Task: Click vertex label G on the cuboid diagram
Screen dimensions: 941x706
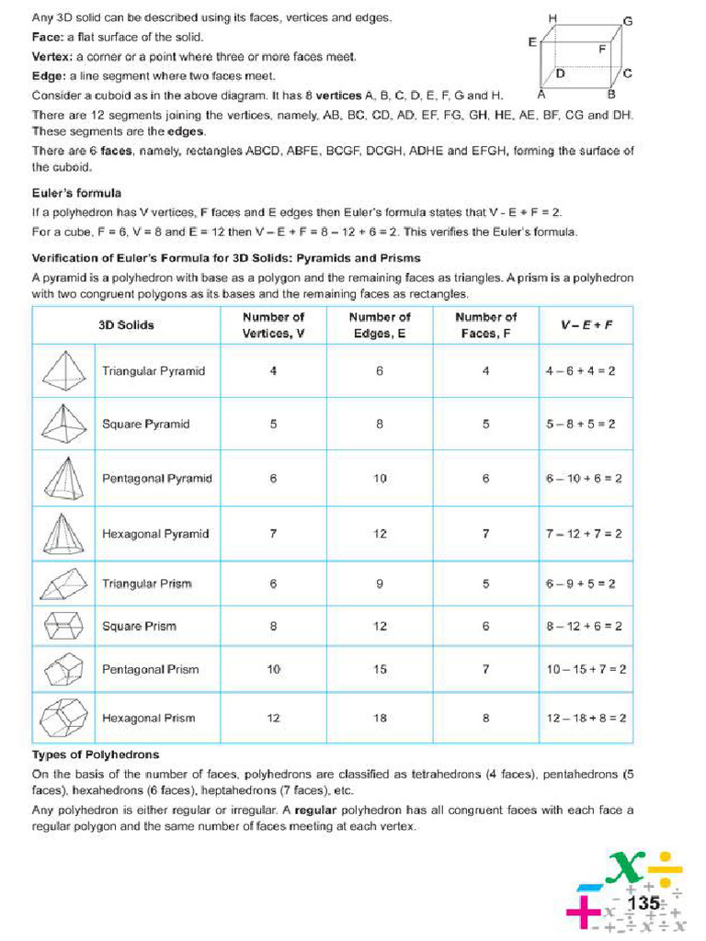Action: click(628, 20)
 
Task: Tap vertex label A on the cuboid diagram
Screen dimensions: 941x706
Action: click(541, 94)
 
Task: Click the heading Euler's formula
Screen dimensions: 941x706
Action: click(76, 193)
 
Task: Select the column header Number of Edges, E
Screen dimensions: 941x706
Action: click(380, 324)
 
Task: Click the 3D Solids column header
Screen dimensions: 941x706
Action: click(127, 324)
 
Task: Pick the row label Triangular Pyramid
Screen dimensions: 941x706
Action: click(154, 371)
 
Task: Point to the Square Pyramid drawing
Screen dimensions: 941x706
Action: click(63, 424)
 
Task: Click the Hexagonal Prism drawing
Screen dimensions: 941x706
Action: click(63, 718)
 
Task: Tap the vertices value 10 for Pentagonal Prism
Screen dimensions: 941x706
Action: click(273, 669)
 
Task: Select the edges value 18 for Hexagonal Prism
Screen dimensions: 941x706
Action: click(380, 718)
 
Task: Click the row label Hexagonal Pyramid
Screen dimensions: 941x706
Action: click(155, 533)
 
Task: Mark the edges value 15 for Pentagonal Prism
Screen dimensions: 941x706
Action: click(380, 669)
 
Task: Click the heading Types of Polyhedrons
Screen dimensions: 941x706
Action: click(96, 754)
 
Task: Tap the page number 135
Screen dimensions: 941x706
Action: click(643, 903)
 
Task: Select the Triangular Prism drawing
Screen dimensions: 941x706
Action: click(63, 584)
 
